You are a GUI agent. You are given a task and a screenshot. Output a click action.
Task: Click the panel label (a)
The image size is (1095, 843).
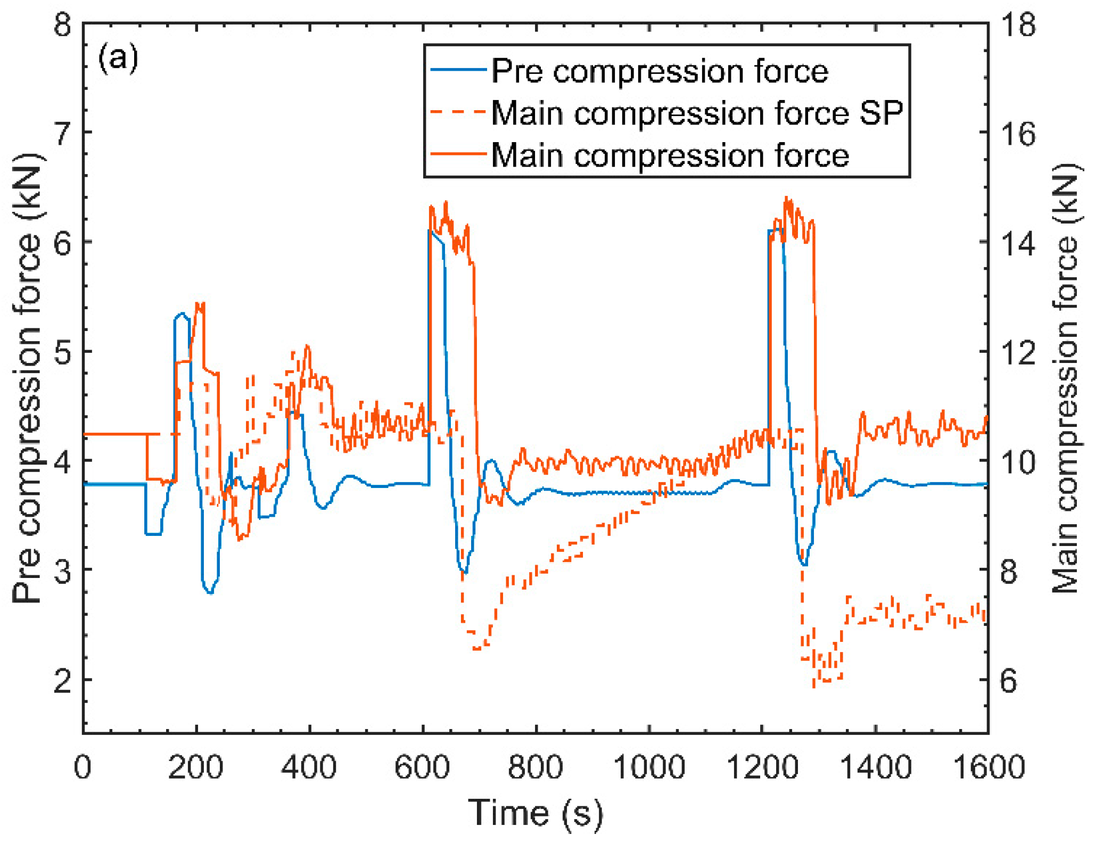tap(118, 57)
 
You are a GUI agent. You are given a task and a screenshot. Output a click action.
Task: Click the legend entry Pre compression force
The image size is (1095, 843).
tap(659, 71)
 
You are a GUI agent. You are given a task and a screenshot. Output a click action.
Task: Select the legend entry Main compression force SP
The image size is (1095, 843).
tap(697, 113)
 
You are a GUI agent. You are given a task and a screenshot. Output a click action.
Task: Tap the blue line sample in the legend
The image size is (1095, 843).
tap(458, 70)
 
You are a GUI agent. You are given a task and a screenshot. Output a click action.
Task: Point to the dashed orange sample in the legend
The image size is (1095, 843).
tap(458, 112)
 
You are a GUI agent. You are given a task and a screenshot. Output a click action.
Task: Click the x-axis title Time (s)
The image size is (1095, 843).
tap(536, 813)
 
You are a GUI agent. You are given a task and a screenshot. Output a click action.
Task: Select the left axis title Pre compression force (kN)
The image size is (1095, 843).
tap(27, 378)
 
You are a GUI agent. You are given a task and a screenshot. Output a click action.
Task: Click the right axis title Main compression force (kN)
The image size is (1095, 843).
tap(1066, 378)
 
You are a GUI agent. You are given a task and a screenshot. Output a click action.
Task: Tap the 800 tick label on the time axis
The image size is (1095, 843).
tap(535, 767)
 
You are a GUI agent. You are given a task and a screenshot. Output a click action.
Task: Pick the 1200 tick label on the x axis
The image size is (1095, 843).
tap(762, 767)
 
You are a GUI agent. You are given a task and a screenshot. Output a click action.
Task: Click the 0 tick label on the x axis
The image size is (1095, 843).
tap(83, 767)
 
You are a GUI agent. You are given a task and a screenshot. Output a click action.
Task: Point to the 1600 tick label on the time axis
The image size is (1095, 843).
tap(988, 767)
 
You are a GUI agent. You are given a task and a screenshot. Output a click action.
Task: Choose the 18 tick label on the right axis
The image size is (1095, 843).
tap(1018, 24)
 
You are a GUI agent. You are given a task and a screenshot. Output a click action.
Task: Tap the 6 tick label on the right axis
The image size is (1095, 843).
tap(1009, 680)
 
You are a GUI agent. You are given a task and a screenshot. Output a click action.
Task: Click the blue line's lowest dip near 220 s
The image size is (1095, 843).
tap(210, 592)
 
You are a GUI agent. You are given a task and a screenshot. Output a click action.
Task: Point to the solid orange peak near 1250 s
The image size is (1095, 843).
tap(786, 198)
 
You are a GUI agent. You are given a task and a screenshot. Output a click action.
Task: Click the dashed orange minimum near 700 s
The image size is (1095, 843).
tap(477, 649)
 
